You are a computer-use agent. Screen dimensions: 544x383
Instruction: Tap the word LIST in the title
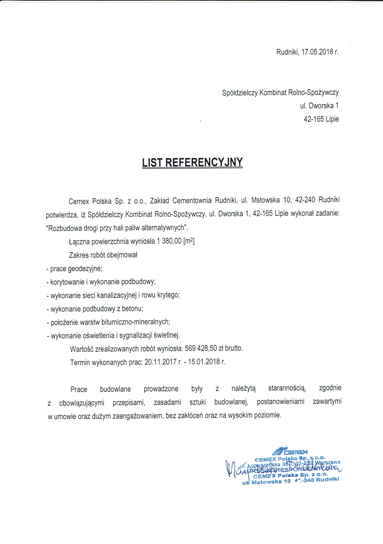[152, 162]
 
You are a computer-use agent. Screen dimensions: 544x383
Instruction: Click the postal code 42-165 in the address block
[313, 119]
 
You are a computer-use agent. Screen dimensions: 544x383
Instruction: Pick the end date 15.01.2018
[203, 362]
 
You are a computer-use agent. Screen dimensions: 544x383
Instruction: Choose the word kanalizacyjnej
[117, 295]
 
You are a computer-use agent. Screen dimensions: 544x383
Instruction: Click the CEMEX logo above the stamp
[290, 451]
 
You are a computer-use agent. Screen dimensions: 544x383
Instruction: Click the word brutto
[233, 348]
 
